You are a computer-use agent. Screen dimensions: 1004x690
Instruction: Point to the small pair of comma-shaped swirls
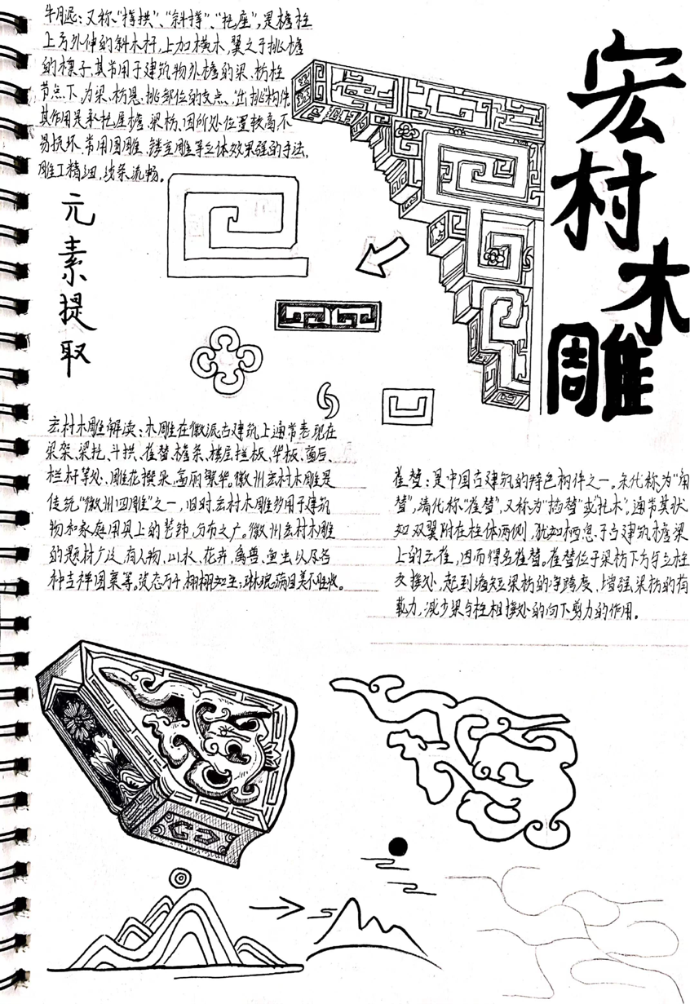pos(332,397)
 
